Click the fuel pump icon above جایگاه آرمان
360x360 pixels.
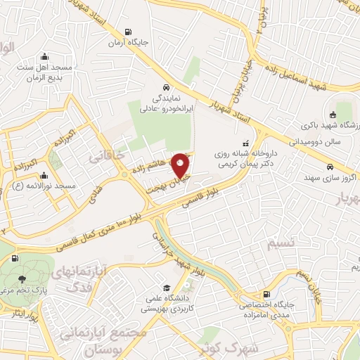click(x=127, y=32)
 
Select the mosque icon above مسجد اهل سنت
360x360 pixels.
click(x=46, y=56)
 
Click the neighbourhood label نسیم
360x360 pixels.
click(x=280, y=243)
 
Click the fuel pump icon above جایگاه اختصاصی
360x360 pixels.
click(x=266, y=295)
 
